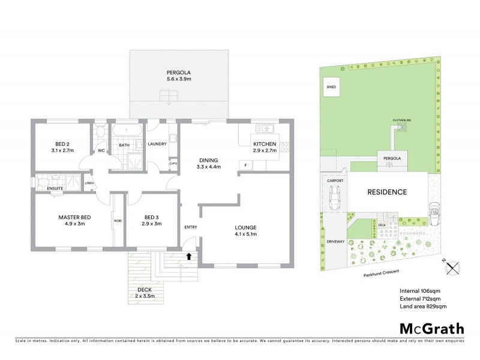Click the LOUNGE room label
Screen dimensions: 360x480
click(246, 227)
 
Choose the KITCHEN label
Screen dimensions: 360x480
click(264, 145)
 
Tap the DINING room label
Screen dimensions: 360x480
click(209, 160)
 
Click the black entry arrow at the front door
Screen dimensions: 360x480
click(189, 256)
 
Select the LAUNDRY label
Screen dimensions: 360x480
click(157, 144)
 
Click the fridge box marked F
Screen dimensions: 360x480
click(245, 165)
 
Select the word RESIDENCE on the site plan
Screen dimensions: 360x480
click(387, 192)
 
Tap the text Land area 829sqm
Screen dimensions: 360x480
click(423, 307)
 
